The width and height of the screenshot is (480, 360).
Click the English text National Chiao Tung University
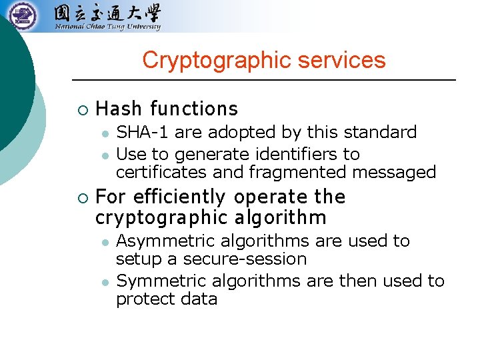[x=107, y=27]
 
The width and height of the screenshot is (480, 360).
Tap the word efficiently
[x=179, y=197]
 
